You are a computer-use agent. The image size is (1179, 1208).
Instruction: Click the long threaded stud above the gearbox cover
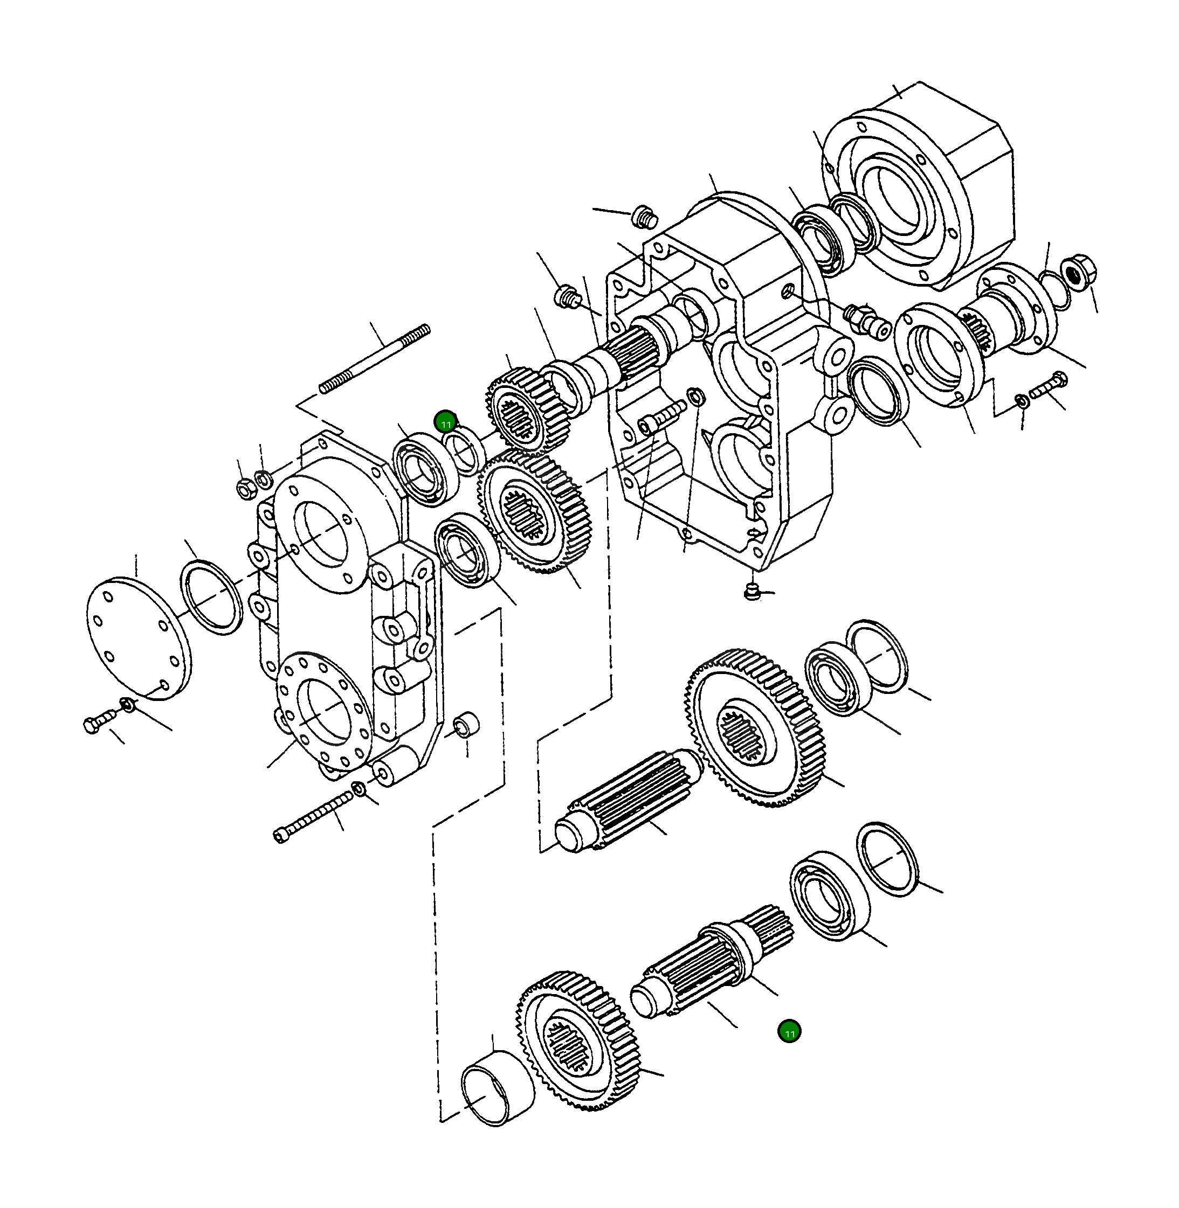pos(375,359)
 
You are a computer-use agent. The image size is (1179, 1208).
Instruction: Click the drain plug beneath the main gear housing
pos(750,591)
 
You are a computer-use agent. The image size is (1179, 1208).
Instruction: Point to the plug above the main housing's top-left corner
pos(644,217)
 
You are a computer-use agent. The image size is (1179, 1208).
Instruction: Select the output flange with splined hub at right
pos(1009,316)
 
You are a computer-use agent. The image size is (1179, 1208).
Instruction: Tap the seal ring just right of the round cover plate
pos(211,596)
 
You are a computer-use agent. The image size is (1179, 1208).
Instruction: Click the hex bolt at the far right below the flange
pos(1047,386)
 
